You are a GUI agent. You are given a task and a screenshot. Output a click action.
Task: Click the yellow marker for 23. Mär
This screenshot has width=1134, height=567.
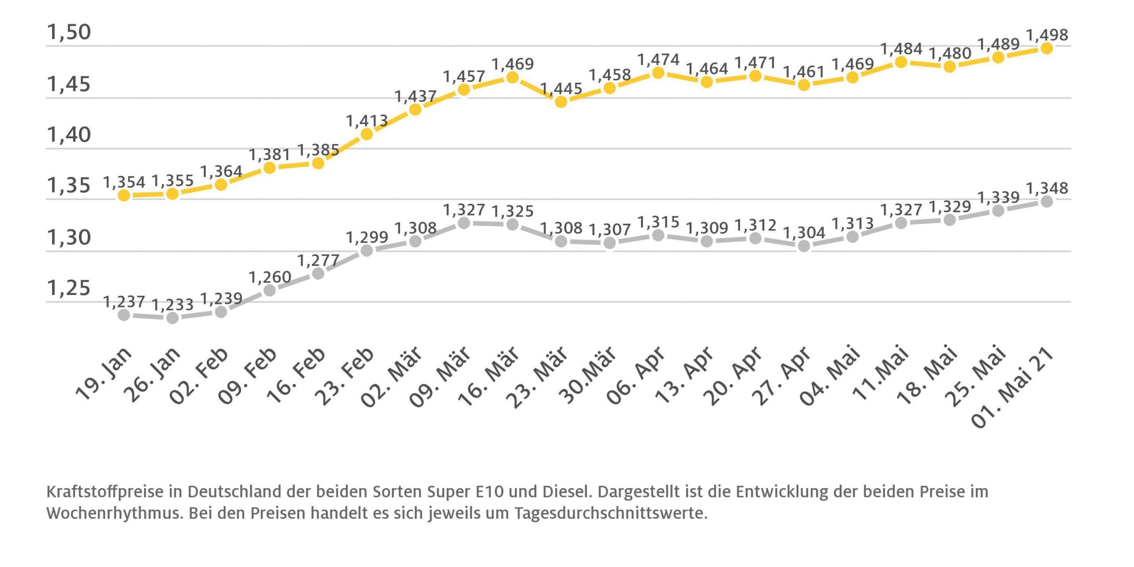[x=561, y=102]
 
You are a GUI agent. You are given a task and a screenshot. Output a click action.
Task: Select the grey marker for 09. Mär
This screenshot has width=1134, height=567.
[x=464, y=223]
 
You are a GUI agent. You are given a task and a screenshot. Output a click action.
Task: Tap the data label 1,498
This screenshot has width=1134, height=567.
[x=1047, y=35]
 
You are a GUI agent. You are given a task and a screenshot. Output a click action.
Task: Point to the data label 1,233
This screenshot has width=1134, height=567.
[x=172, y=305]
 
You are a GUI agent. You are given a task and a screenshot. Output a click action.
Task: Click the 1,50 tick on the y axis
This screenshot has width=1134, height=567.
[x=69, y=32]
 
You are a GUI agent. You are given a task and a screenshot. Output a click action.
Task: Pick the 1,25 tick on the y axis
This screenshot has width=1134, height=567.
[x=69, y=288]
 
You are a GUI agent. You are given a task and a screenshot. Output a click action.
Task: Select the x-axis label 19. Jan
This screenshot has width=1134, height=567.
[x=105, y=375]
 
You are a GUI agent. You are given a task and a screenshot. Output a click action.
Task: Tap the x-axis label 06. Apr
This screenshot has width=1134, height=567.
[x=636, y=377]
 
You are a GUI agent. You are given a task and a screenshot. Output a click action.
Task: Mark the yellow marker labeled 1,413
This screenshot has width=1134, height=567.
[x=367, y=134]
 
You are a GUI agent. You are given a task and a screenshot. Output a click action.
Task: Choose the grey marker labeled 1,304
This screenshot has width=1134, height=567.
[x=804, y=246]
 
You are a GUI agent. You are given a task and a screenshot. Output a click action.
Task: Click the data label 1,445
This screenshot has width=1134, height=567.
[x=561, y=89]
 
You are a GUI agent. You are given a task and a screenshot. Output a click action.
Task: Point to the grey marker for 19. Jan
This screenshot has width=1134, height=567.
[x=124, y=315]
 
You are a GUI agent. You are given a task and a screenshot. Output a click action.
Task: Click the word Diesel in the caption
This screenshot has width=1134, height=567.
[x=567, y=492]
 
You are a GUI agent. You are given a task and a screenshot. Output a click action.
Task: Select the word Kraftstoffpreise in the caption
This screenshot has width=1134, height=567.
[x=105, y=492]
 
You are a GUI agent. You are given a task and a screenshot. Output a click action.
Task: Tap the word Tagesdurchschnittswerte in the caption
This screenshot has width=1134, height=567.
[x=610, y=513]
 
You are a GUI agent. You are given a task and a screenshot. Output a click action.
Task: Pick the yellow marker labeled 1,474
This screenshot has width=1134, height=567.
[x=658, y=73]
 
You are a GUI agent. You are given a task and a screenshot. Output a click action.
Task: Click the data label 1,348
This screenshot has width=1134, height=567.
[x=1047, y=188]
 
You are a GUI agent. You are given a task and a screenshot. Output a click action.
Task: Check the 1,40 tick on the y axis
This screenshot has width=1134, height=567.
[x=69, y=135]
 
